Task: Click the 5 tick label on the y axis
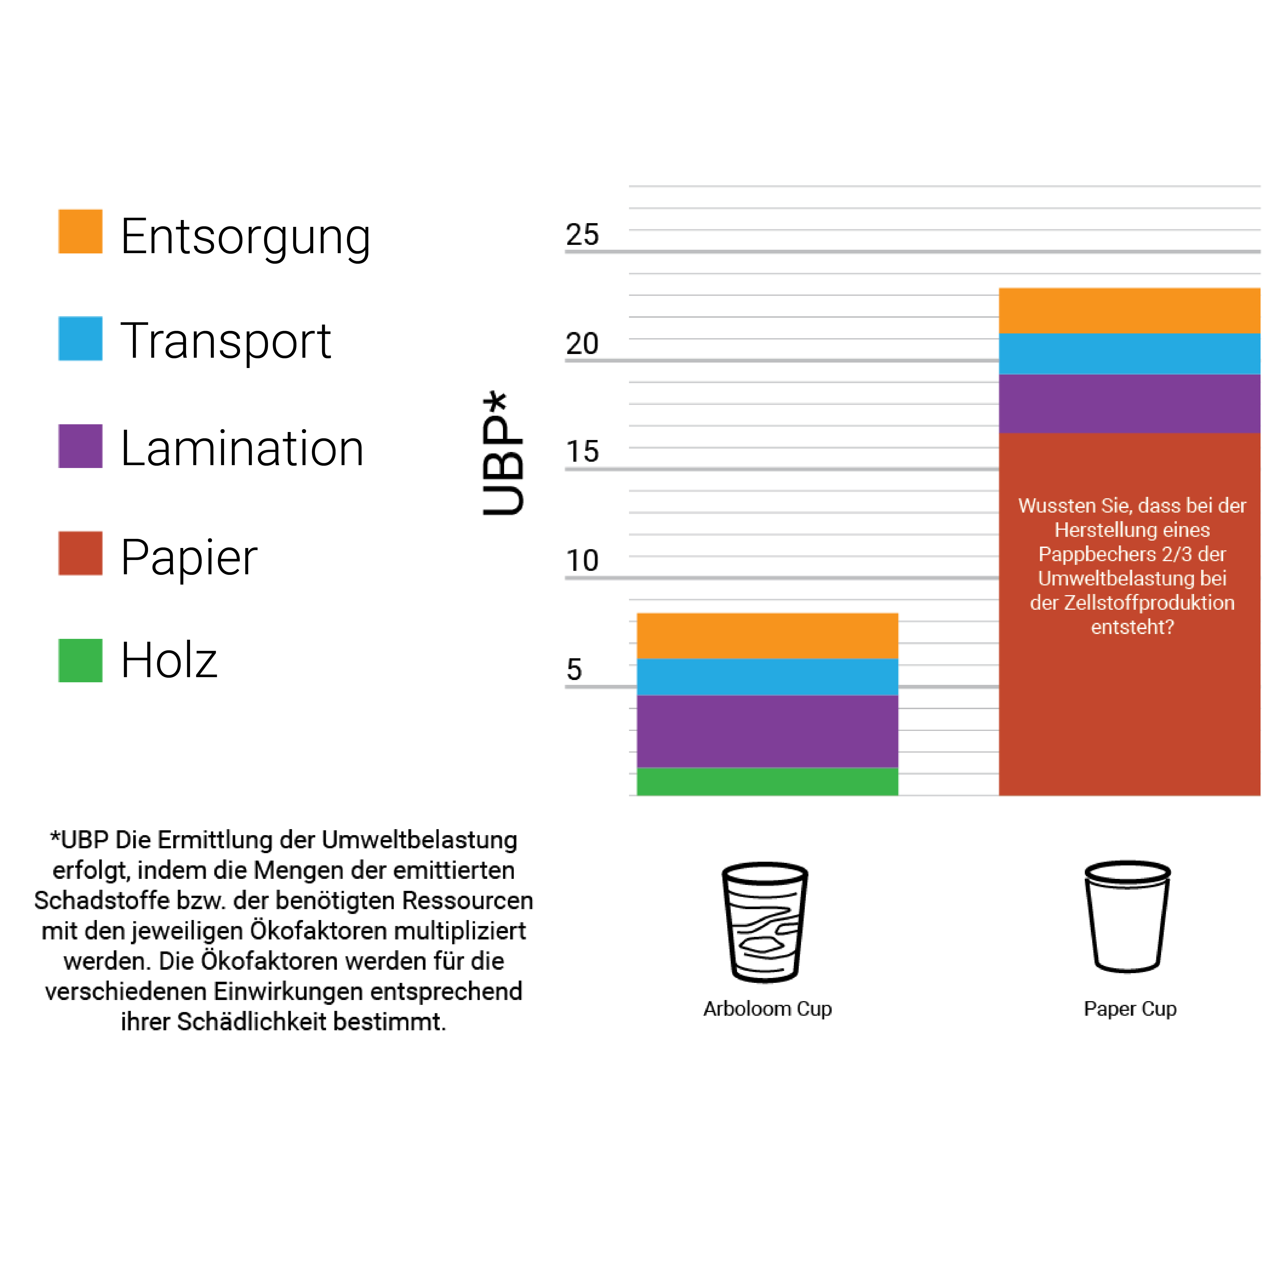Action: click(x=574, y=669)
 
